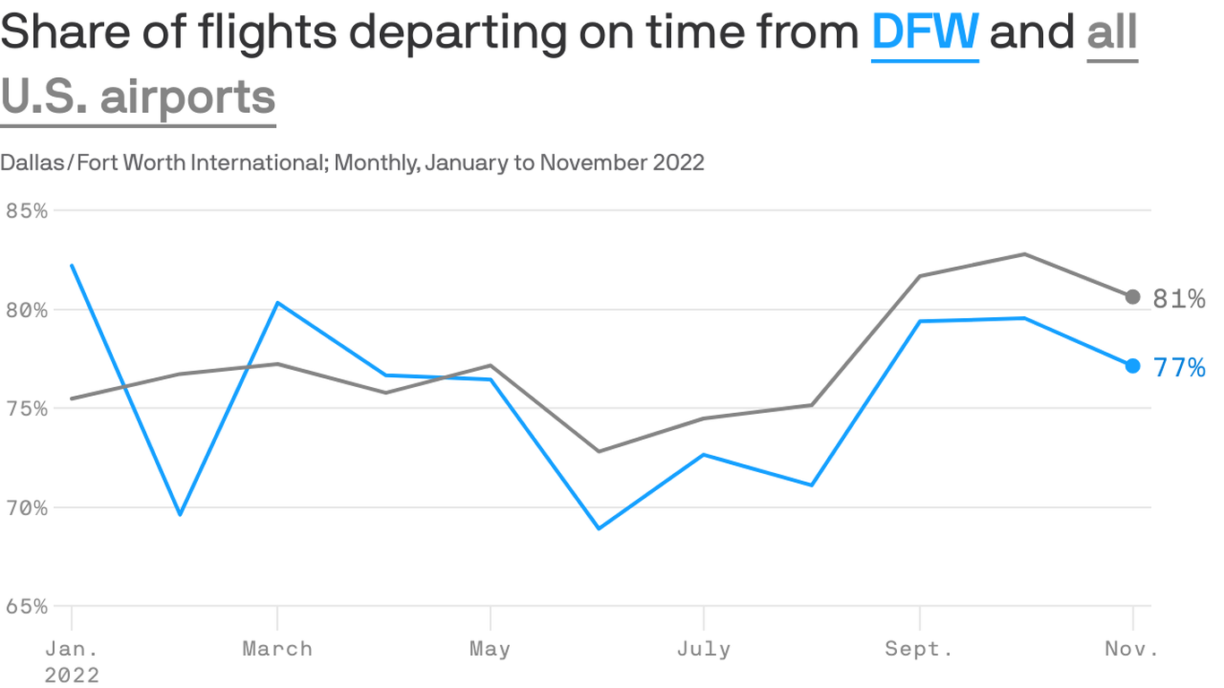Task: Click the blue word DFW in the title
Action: tap(925, 32)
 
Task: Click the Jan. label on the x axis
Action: tap(72, 649)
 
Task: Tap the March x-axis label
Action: tap(277, 649)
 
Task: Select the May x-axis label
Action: tap(489, 649)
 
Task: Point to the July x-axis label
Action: tap(703, 649)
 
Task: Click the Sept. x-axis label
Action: tap(919, 649)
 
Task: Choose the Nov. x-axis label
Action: tap(1131, 649)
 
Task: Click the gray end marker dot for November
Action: tap(1133, 297)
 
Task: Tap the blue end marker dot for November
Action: tap(1133, 365)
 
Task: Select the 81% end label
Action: tap(1178, 299)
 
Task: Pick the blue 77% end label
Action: tap(1178, 368)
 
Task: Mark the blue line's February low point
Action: tap(180, 514)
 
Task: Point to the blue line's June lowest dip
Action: tap(598, 529)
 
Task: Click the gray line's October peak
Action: tap(1024, 254)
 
